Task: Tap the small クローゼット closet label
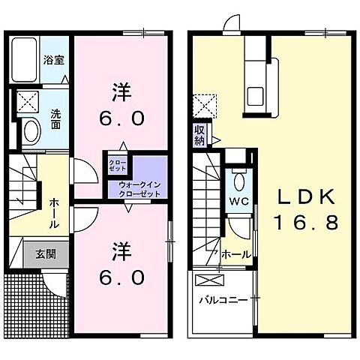click(x=118, y=164)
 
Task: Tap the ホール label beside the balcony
click(x=235, y=255)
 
